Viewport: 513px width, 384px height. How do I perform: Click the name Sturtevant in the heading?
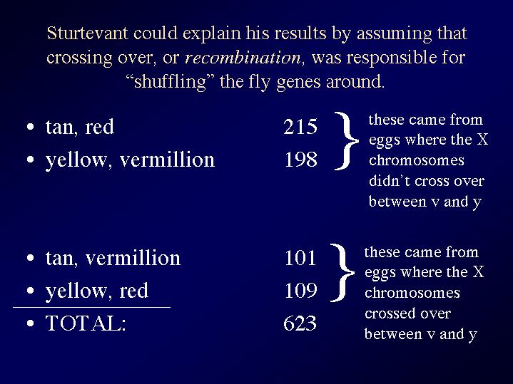(x=88, y=33)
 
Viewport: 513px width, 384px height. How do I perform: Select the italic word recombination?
(x=243, y=58)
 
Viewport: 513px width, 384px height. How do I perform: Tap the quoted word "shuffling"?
(x=170, y=82)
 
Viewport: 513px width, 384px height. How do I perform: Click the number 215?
(x=300, y=127)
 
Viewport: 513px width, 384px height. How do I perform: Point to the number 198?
(x=301, y=160)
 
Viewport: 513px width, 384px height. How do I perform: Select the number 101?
(x=300, y=257)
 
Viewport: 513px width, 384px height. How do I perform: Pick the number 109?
(x=301, y=290)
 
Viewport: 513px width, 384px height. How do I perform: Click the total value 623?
(x=300, y=323)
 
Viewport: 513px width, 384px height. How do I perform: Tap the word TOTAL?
(x=86, y=323)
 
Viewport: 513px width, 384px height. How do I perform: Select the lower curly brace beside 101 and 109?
(x=343, y=272)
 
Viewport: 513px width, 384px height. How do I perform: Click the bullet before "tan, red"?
(x=31, y=127)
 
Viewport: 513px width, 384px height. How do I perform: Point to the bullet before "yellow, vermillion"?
(x=31, y=160)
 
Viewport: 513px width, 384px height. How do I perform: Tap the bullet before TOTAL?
(x=31, y=323)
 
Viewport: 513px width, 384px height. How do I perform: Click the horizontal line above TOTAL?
(x=91, y=307)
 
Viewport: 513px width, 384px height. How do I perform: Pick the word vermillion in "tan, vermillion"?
(x=133, y=257)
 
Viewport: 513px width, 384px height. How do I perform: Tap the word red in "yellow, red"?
(x=134, y=291)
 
